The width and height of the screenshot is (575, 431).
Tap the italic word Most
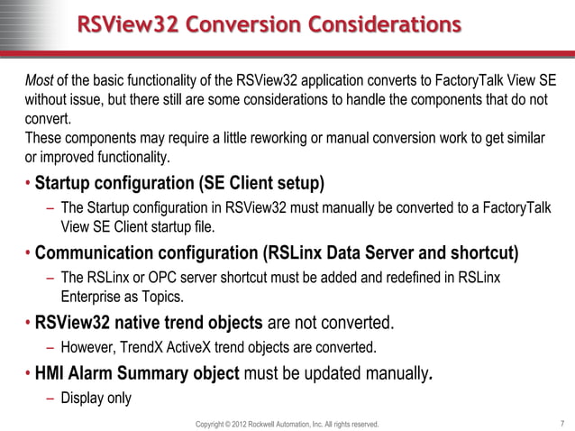[x=40, y=78]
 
